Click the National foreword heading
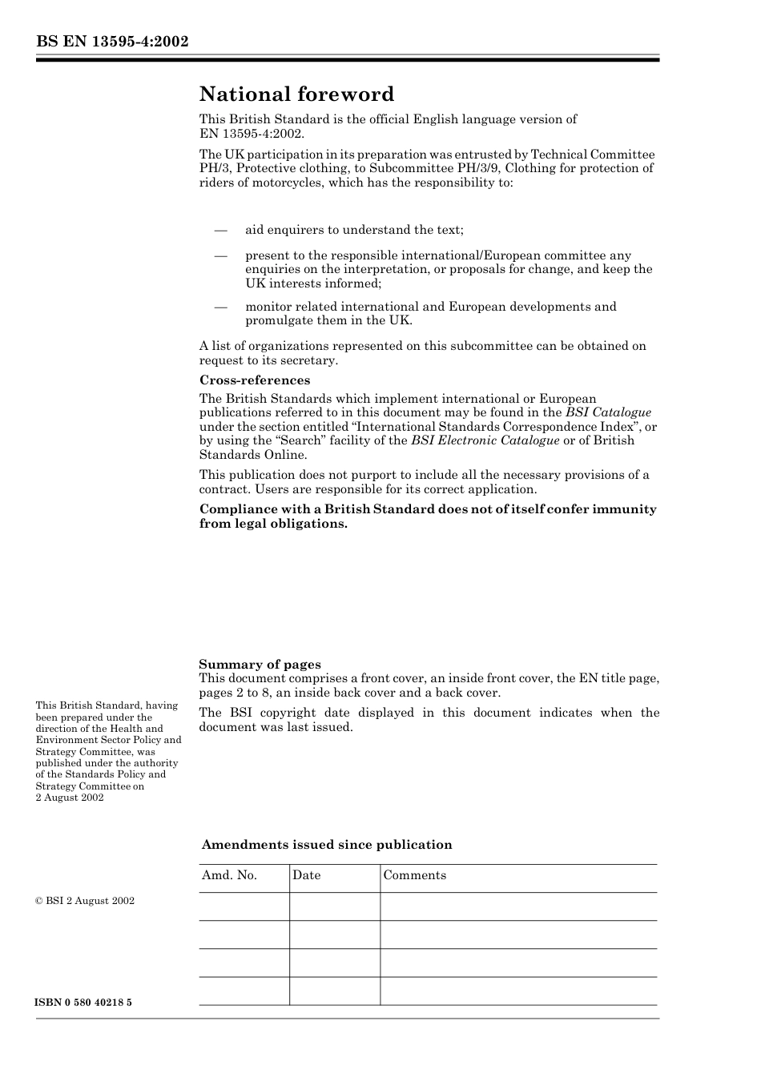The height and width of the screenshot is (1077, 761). point(296,94)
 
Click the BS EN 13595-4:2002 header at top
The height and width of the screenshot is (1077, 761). point(112,42)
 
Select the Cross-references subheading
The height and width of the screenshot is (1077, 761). point(255,380)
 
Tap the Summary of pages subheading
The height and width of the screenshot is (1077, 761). point(260,664)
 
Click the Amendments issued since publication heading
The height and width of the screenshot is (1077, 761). point(327,845)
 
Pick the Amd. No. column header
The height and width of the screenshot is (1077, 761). point(229,875)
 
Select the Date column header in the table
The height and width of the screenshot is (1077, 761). point(306,875)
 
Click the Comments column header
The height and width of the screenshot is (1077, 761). point(414,875)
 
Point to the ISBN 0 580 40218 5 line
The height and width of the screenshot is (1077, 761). point(84,1003)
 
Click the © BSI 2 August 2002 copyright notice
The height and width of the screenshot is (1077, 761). point(85,901)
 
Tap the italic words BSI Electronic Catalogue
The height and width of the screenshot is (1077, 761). point(485,440)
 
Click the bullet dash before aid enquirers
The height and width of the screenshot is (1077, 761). point(222,231)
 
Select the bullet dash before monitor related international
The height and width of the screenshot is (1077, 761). point(222,307)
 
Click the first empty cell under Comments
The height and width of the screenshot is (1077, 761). point(518,906)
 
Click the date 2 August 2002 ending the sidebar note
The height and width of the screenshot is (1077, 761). point(70,798)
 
